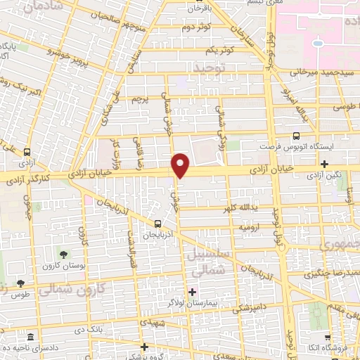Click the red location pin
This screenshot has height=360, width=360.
(x=181, y=165)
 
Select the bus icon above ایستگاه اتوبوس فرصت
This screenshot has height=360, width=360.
(x=296, y=136)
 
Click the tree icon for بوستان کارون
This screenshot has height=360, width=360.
(x=65, y=255)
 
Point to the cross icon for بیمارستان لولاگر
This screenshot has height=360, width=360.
(x=192, y=292)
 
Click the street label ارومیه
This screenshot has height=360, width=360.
(x=250, y=228)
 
